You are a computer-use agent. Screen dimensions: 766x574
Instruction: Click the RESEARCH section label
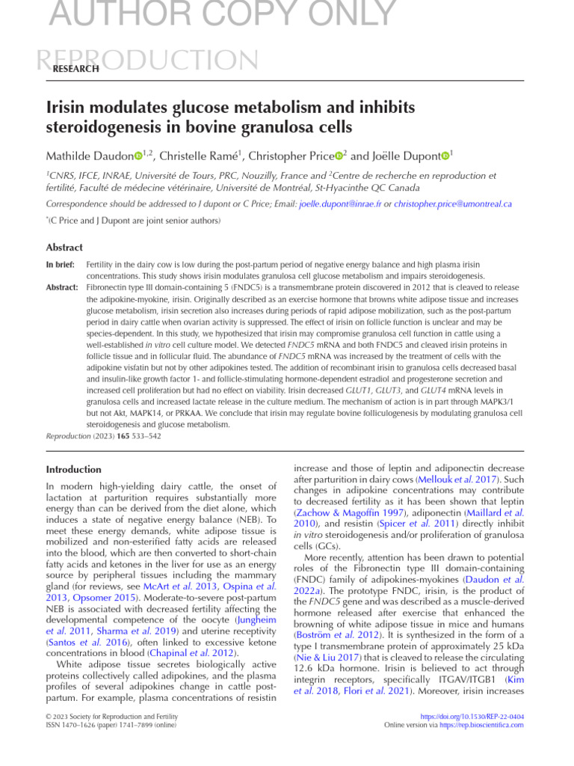coord(75,69)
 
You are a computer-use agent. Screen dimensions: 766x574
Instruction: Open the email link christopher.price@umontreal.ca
coord(452,203)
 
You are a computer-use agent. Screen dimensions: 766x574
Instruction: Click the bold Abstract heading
coord(66,248)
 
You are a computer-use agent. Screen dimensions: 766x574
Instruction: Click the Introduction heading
coord(74,469)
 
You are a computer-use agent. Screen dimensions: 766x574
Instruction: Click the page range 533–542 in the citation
coord(146,435)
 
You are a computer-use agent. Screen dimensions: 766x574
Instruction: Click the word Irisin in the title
coord(67,108)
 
